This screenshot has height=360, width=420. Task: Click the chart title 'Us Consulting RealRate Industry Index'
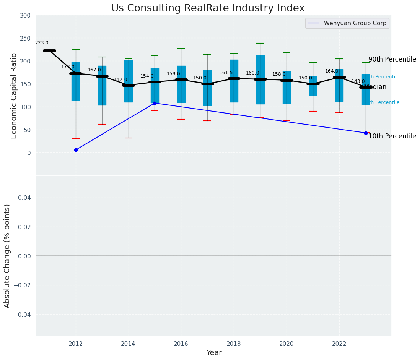point(208,8)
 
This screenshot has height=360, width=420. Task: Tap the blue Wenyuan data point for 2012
point(76,150)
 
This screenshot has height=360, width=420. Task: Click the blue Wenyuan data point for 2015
point(155,103)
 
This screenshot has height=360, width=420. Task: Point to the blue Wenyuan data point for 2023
point(366,133)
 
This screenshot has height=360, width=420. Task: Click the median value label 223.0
point(42,43)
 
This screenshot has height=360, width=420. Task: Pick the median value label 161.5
point(226,73)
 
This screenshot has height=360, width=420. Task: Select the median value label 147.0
point(120,79)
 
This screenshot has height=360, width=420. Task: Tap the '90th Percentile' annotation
point(392,60)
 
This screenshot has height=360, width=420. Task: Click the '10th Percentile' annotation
point(392,136)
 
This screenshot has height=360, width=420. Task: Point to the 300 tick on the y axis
point(26,15)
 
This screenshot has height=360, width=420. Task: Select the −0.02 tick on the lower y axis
point(24,285)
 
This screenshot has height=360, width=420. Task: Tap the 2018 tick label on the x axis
point(234,344)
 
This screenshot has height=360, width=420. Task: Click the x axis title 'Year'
point(214,353)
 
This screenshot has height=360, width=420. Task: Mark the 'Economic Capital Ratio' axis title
point(14,96)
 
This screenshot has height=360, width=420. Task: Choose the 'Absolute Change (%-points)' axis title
point(7,256)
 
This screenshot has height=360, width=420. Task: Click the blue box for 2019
point(260,79)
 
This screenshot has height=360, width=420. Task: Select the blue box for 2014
point(128,81)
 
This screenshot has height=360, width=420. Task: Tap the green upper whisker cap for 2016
point(181,49)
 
